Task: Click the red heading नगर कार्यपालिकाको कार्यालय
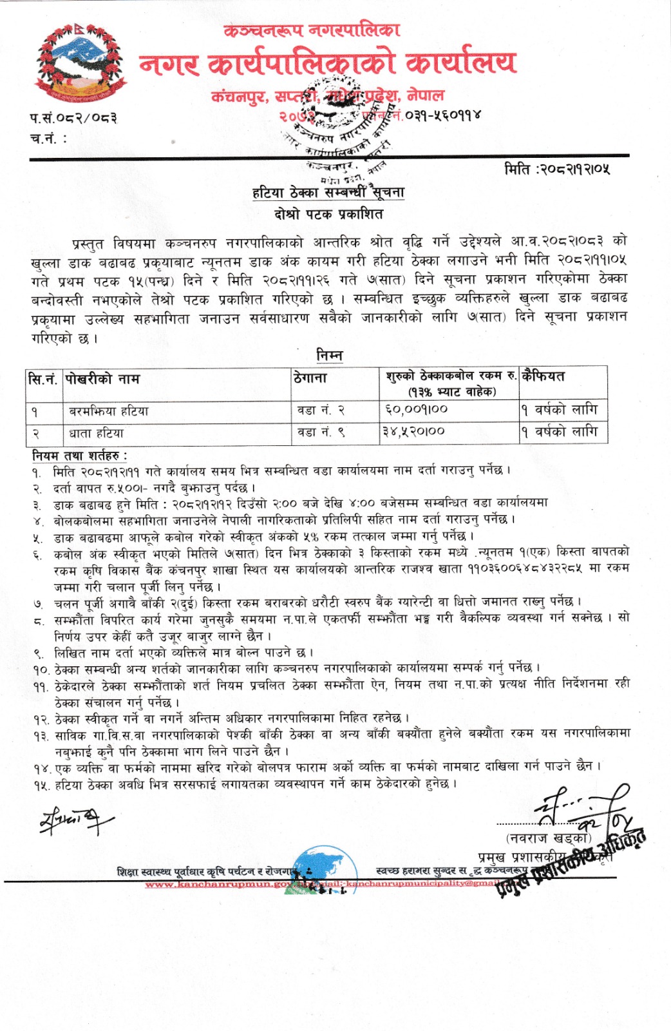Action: [x=327, y=63]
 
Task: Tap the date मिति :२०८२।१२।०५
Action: [x=557, y=169]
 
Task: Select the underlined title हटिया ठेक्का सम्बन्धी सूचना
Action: [x=328, y=191]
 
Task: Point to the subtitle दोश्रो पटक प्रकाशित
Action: [x=328, y=214]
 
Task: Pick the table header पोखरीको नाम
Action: [x=102, y=379]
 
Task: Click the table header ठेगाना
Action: [x=310, y=378]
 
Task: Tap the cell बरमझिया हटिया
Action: [x=109, y=410]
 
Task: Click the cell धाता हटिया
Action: [x=97, y=432]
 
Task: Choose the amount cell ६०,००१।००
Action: [x=416, y=409]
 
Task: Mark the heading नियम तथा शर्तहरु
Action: [x=80, y=456]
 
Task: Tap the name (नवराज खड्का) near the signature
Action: [x=549, y=838]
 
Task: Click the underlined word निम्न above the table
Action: [x=329, y=356]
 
